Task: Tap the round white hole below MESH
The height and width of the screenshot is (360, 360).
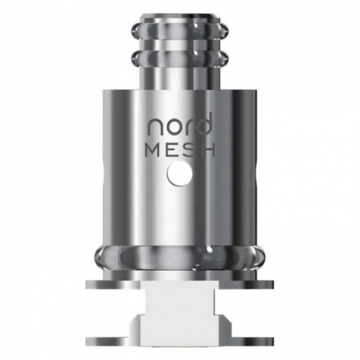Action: tap(180, 175)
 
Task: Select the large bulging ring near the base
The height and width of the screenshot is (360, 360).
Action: tap(180, 257)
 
